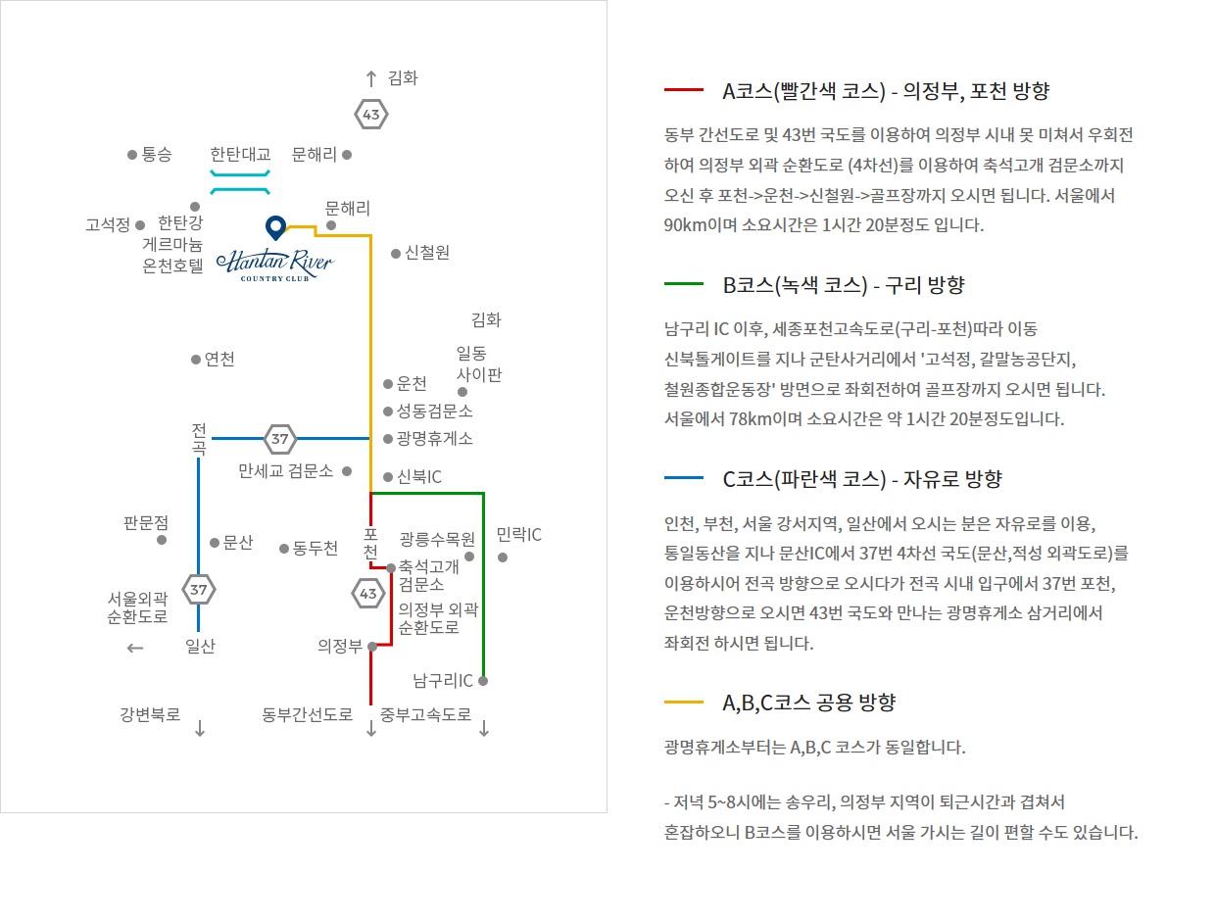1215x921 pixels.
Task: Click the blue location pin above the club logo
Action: pos(276,227)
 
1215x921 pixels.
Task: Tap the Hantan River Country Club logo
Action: pos(274,265)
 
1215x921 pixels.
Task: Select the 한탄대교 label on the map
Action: pos(240,155)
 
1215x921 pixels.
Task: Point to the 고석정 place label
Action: pos(108,225)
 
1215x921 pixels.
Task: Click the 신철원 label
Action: pos(427,253)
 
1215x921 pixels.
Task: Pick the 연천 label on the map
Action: pos(219,360)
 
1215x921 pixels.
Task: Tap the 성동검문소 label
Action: pos(434,411)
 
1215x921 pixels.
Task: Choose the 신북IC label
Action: pos(418,477)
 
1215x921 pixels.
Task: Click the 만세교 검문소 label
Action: pos(286,471)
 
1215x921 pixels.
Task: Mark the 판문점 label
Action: pos(146,523)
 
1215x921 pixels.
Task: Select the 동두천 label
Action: pos(316,549)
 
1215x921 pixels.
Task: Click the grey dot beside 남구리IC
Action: pos(483,680)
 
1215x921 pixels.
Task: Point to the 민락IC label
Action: pos(518,536)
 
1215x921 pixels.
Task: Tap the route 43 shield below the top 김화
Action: pos(371,115)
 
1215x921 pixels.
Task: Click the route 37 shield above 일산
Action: pos(199,589)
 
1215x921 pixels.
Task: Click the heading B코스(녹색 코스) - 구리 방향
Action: pos(844,285)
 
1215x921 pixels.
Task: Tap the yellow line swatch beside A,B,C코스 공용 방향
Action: pos(684,703)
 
